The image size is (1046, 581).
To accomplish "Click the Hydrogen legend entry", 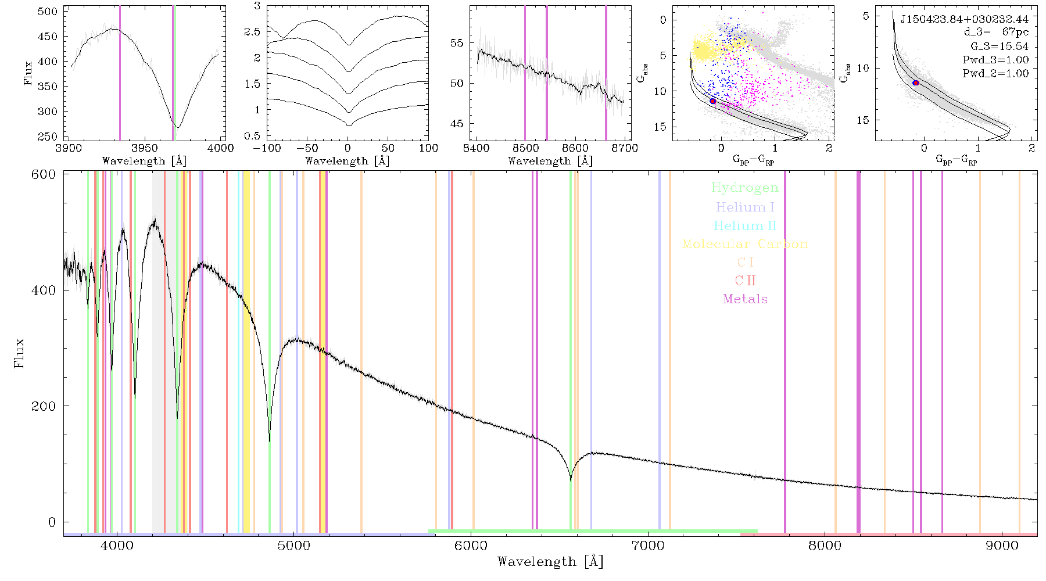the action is [x=744, y=188].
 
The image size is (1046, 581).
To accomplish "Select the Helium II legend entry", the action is [x=744, y=225].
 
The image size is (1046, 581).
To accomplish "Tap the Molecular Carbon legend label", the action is [x=745, y=244].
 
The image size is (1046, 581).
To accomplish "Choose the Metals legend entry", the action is [x=745, y=299].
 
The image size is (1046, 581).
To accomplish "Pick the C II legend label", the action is [x=745, y=281].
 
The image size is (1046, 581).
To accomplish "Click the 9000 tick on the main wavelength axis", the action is [x=1002, y=546].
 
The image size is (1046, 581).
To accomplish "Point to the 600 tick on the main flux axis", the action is [x=44, y=174].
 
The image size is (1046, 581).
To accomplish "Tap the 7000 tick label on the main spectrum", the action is [x=648, y=546].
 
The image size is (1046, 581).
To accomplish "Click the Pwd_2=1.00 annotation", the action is [x=995, y=73].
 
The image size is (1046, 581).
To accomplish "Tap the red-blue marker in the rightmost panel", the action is [x=916, y=83].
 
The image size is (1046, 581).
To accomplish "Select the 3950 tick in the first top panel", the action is [x=145, y=148].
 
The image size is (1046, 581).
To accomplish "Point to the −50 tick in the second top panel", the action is [x=307, y=148].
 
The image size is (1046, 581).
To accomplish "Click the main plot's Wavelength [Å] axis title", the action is [x=550, y=562].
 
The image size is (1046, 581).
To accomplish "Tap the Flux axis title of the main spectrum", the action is [x=19, y=353].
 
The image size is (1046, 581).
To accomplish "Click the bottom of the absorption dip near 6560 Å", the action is [x=571, y=481].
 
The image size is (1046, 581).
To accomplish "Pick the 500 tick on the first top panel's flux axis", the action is [x=48, y=12].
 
